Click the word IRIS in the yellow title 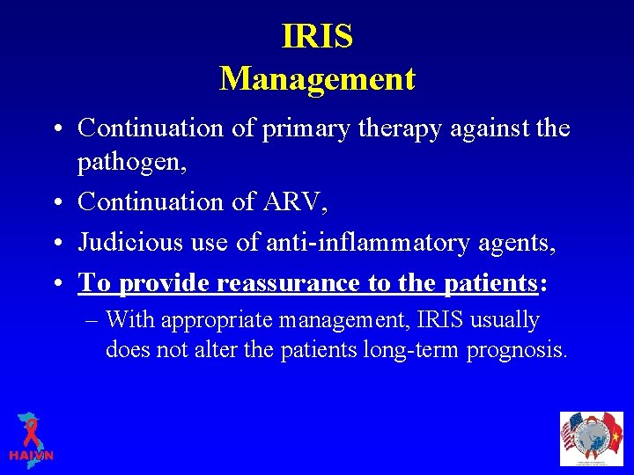coord(317,37)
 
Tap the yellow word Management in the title coord(317,79)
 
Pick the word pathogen coord(136,164)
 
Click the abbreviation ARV coord(294,201)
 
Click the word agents coord(523,244)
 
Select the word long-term coord(412,350)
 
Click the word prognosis coord(516,351)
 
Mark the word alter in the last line coord(235,349)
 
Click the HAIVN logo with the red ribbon coord(31,437)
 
